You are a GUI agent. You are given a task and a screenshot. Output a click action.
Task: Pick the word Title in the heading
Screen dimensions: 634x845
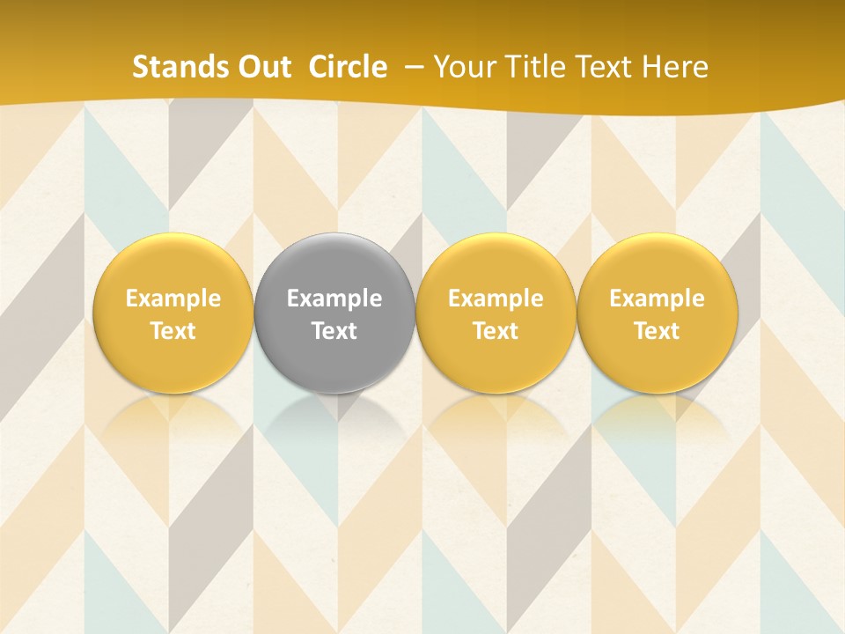click(532, 67)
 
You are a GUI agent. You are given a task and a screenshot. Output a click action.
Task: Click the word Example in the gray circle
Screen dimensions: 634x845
click(334, 299)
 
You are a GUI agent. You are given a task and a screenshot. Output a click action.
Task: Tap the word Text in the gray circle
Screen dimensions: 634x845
click(334, 331)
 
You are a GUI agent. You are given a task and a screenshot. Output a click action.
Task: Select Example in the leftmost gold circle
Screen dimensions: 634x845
click(173, 299)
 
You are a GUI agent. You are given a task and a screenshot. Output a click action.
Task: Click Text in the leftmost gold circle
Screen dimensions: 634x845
click(173, 331)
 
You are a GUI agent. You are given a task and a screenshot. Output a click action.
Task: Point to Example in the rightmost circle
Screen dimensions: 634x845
click(657, 299)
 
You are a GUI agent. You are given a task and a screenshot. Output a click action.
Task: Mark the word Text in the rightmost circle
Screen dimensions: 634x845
click(657, 331)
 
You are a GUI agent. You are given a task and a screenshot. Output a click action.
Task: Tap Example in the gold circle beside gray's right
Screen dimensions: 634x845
click(496, 299)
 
